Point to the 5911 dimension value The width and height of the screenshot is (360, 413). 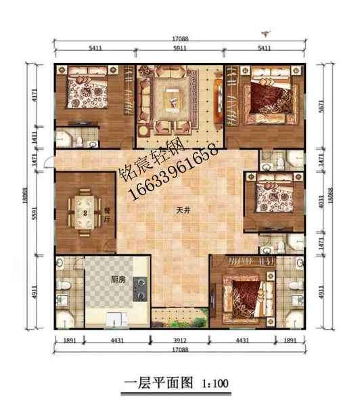[179, 49]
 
